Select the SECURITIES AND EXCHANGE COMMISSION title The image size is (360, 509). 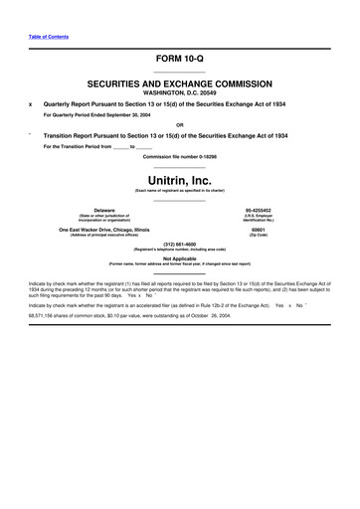click(179, 86)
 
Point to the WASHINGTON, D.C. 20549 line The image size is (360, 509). click(179, 95)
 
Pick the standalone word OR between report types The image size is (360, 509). click(179, 125)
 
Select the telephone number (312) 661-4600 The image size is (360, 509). click(179, 244)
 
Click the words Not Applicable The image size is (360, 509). click(179, 258)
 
